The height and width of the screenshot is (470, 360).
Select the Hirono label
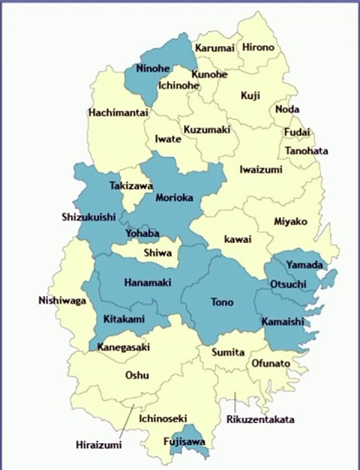pyautogui.click(x=258, y=48)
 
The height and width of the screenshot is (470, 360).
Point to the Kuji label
pyautogui.click(x=250, y=95)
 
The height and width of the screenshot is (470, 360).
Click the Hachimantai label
pyautogui.click(x=119, y=112)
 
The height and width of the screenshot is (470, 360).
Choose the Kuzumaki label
pyautogui.click(x=207, y=130)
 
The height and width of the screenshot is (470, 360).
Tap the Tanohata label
pyautogui.click(x=306, y=151)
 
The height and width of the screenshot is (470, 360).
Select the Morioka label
pyautogui.click(x=174, y=198)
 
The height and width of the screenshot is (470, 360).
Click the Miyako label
pyautogui.click(x=290, y=221)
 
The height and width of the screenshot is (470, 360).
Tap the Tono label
pyautogui.click(x=222, y=302)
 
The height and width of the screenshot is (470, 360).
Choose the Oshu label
pyautogui.click(x=137, y=375)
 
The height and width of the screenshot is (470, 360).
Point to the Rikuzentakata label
pyautogui.click(x=260, y=419)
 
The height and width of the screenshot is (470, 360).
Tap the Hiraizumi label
pyautogui.click(x=98, y=445)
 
